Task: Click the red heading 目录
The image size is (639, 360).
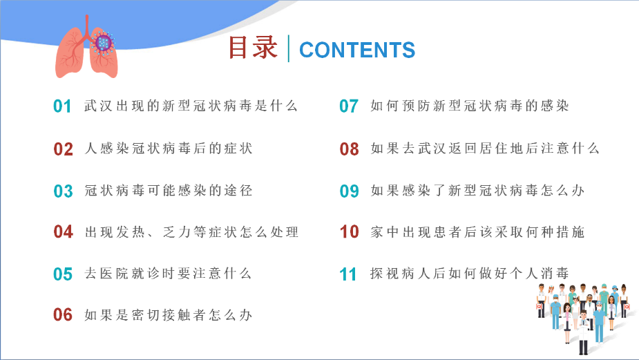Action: pos(253,48)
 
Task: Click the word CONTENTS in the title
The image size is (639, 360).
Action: pos(357,50)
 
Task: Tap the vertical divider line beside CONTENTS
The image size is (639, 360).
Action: pos(289,48)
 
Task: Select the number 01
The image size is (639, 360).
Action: pos(62,106)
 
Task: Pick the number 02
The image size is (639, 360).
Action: pos(63,149)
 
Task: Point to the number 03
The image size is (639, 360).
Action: pos(63,191)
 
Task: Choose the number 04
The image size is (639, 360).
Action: pos(63,232)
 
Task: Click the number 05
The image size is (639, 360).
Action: pos(63,274)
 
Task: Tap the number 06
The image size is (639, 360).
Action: pos(63,315)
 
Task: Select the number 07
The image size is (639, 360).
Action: pos(349,106)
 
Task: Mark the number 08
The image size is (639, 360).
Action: pos(350,149)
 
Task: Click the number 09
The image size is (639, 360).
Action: pos(350,191)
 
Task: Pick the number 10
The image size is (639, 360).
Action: pos(350,232)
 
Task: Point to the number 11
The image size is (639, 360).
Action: pos(348,274)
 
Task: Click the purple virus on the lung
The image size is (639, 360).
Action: pos(103,42)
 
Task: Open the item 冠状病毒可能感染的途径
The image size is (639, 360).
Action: pos(169,191)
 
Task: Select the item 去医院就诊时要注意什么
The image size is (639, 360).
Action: pos(168,274)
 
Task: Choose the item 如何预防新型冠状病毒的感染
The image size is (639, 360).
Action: pos(470,106)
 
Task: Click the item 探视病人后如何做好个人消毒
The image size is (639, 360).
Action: pos(470,274)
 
